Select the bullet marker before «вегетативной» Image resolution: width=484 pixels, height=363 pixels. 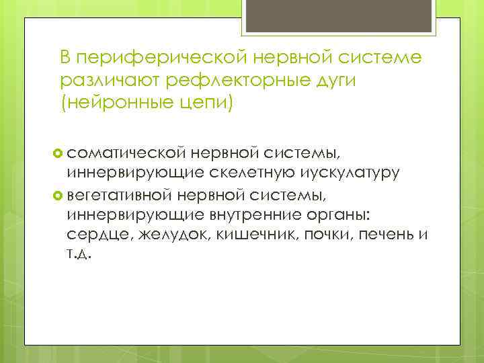pyautogui.click(x=58, y=196)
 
